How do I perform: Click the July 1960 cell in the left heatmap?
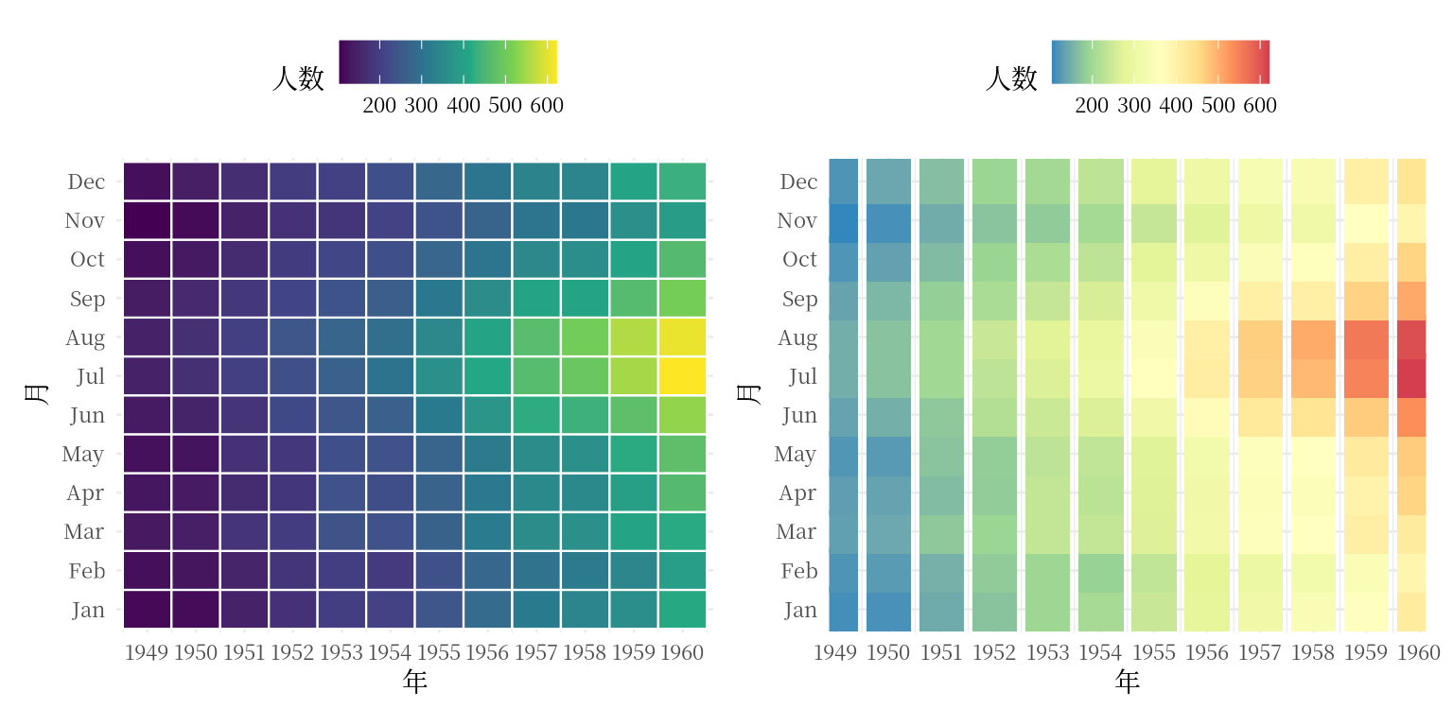tap(681, 376)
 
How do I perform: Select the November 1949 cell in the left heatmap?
tap(147, 220)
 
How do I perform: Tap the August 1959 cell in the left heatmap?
tap(633, 337)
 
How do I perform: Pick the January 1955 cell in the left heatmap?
tap(439, 610)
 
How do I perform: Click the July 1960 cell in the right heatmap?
tap(1411, 376)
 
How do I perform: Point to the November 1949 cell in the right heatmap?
tap(844, 220)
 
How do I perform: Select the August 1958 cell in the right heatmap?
tap(1313, 337)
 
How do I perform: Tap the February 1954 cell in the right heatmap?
tap(1101, 571)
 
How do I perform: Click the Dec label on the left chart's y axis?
tap(86, 181)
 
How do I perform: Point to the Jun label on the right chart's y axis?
tap(799, 415)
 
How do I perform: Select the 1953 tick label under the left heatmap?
tap(341, 652)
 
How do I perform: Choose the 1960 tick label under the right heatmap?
tap(1417, 652)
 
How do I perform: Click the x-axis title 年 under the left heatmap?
tap(414, 682)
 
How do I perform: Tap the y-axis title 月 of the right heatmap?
tap(748, 393)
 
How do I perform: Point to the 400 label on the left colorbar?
tap(464, 106)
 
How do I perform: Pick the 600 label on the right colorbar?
tap(1260, 106)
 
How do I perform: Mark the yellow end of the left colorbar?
tap(552, 61)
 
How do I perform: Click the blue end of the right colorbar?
tap(1056, 61)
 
